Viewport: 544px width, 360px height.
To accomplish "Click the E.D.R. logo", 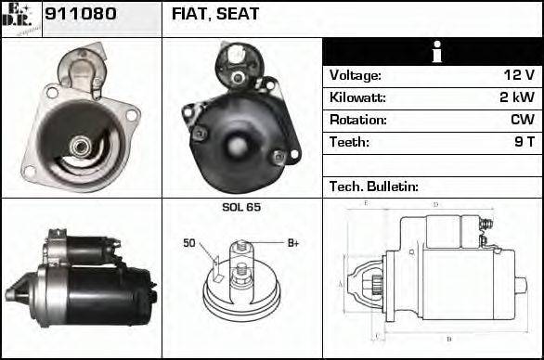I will click(x=20, y=18).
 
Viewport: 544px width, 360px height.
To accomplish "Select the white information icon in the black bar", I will click(x=433, y=52).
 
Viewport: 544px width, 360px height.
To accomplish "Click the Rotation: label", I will click(x=356, y=121).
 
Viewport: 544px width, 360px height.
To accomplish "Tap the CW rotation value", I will click(x=522, y=121).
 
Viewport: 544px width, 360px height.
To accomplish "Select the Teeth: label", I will click(x=349, y=143).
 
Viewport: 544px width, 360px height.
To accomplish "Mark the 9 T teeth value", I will click(x=524, y=143).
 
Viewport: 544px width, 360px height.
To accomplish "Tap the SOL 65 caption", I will click(x=241, y=207).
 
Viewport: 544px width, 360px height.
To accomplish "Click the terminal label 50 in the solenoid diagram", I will click(x=189, y=244).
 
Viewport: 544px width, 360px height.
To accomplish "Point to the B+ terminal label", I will click(x=292, y=243).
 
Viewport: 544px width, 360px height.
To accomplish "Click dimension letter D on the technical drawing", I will click(x=436, y=204).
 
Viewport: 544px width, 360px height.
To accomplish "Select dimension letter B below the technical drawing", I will click(x=449, y=339).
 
